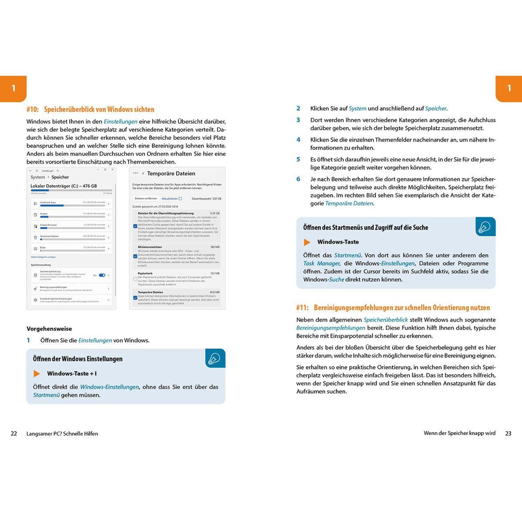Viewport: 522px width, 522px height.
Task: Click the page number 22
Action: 14,434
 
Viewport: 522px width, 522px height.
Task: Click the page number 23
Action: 508,433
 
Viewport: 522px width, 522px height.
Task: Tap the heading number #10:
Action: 33,109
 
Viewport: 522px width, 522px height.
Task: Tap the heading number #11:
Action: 302,308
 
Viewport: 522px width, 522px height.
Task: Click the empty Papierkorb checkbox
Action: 135,279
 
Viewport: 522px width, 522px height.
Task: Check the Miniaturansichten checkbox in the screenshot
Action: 135,256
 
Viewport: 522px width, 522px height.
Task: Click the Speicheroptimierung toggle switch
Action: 102,275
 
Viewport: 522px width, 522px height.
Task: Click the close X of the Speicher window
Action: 112,170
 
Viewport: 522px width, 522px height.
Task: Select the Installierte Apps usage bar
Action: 72,206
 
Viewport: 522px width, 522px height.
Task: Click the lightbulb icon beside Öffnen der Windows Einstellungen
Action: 215,358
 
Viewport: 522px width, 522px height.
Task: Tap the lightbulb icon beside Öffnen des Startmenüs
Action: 485,227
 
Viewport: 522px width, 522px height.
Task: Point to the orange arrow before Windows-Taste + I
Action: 37,374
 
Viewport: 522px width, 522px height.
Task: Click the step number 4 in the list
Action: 298,140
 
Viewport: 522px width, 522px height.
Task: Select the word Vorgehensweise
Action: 49,329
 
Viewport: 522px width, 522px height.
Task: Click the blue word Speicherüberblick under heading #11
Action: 386,320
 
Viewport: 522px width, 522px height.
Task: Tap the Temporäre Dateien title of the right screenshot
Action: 171,174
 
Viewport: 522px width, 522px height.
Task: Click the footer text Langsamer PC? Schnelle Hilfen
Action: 62,434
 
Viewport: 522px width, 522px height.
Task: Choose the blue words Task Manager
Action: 321,263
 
